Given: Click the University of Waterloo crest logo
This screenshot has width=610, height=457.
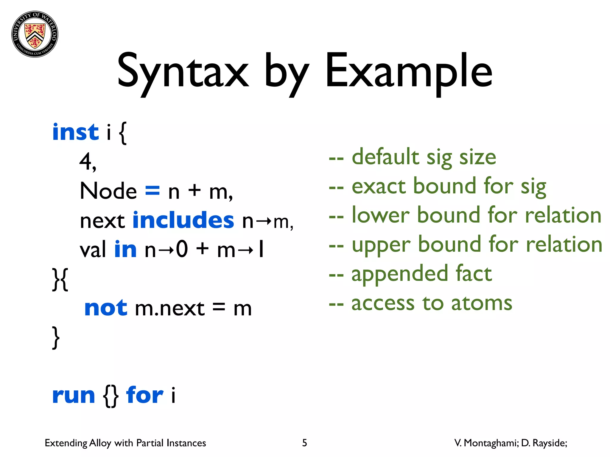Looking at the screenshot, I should coord(35,34).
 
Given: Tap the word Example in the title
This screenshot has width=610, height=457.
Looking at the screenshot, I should coord(409,71).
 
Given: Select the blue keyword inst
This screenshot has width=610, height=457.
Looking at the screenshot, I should coord(75,132).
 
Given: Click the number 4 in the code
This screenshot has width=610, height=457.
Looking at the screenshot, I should coord(86,161).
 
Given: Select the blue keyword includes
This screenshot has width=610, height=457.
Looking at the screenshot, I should coord(183,220).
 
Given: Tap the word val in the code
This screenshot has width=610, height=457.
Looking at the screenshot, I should coord(93,249).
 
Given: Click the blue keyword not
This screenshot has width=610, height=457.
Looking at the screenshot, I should coord(106,308).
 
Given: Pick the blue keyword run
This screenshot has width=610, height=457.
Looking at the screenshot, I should coord(74,396).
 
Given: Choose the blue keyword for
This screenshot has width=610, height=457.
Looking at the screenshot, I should coord(145,395).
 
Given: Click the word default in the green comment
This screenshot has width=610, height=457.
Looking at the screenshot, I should coord(385,157).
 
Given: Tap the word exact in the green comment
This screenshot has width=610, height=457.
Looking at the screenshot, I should coord(379,186).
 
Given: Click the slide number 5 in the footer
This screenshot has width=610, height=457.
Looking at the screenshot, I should coord(304,443).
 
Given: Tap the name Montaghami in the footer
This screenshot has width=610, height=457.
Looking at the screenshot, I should coord(491,443).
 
